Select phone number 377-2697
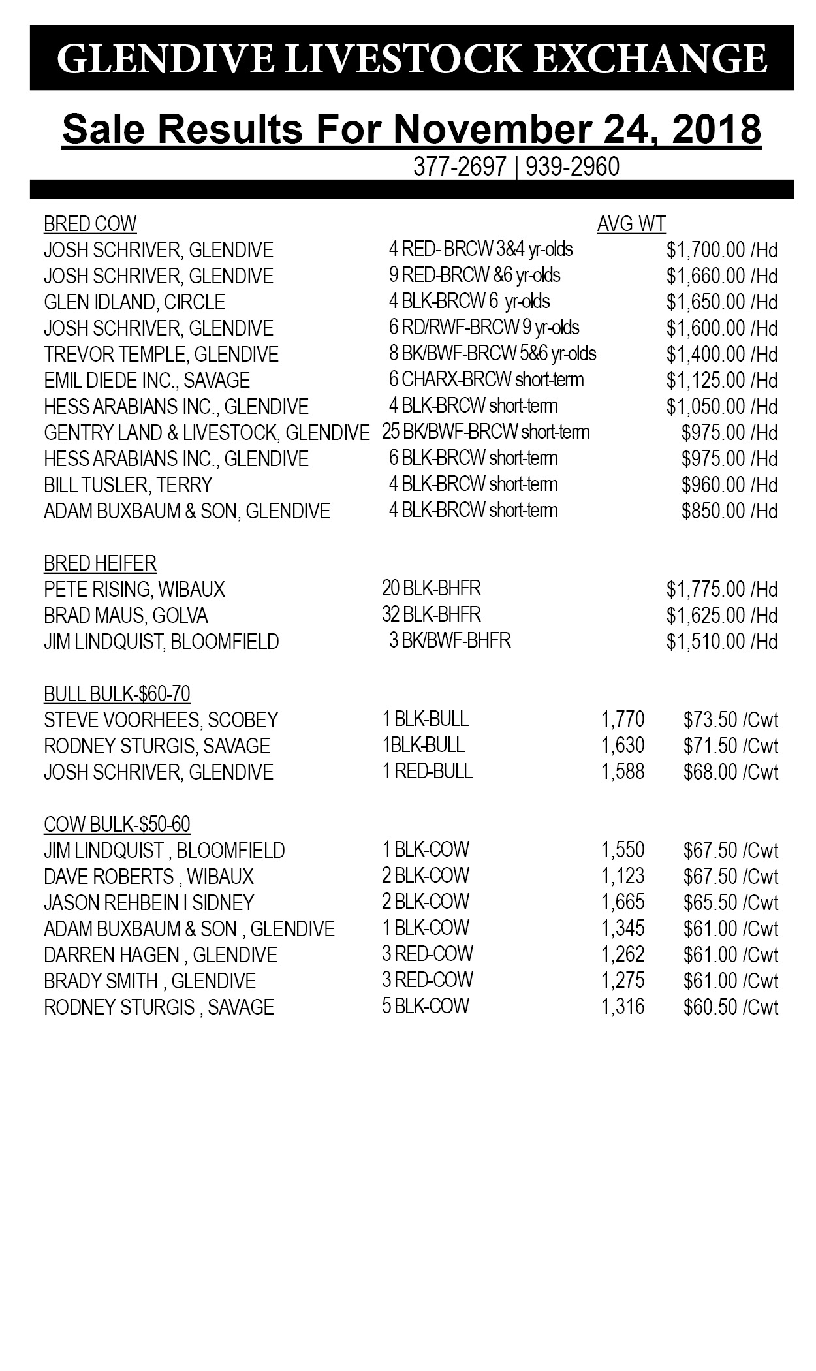[460, 167]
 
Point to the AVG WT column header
[631, 224]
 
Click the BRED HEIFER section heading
[100, 563]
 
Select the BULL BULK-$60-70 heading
[117, 693]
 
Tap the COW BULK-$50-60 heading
[117, 824]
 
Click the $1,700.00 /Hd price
[721, 250]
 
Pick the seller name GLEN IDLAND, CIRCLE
[134, 302]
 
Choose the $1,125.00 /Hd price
[721, 381]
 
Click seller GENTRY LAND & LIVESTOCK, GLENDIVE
[206, 433]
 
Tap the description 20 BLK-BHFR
[431, 589]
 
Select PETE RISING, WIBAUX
[134, 590]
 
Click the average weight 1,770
[622, 719]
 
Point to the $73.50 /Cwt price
[730, 720]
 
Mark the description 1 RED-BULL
[427, 771]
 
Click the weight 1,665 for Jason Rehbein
[622, 902]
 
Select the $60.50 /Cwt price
[730, 1007]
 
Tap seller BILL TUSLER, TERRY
[128, 485]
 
